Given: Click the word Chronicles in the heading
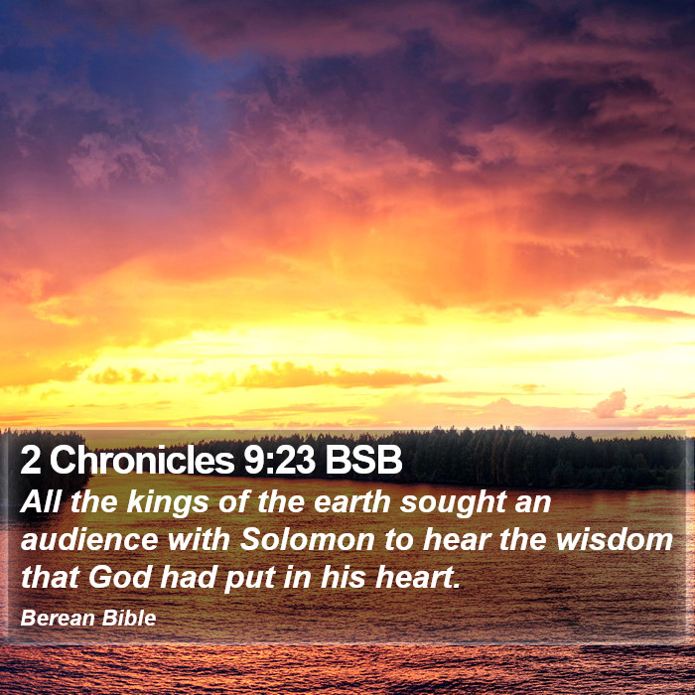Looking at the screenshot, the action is tap(142, 460).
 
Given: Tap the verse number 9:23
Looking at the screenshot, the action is tap(279, 461).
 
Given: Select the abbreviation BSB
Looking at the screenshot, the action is tap(363, 461).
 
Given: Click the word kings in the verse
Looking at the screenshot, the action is tap(168, 503).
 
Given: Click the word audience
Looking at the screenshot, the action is tap(89, 540).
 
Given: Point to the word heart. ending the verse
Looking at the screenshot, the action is tap(418, 578).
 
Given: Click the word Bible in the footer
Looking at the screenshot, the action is tap(129, 618).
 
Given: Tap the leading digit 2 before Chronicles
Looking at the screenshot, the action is tap(30, 461).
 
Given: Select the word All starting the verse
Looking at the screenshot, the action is tap(40, 502).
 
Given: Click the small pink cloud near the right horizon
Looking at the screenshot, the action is tap(610, 404).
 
